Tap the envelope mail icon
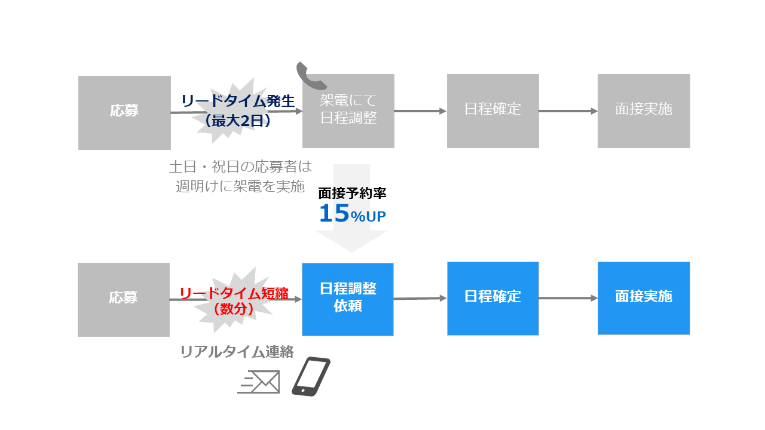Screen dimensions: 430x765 click(x=259, y=382)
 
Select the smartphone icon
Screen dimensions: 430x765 click(x=311, y=376)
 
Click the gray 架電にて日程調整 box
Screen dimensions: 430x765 click(x=348, y=110)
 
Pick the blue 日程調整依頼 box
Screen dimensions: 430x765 click(x=348, y=299)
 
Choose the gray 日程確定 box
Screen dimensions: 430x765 click(x=492, y=110)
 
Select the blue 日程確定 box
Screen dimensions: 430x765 click(x=492, y=298)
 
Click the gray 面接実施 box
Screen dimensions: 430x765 click(x=644, y=110)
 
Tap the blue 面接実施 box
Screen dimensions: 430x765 click(x=644, y=298)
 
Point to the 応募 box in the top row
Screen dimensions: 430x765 click(x=124, y=112)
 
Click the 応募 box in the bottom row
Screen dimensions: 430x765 click(x=124, y=299)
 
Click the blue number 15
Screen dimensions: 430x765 click(x=334, y=214)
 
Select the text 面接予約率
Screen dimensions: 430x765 click(x=352, y=193)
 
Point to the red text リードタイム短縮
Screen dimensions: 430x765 click(x=234, y=293)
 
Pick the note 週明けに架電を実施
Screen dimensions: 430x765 click(x=240, y=186)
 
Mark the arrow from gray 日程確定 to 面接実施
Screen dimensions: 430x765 click(x=568, y=111)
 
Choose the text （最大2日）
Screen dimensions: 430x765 click(x=238, y=121)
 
